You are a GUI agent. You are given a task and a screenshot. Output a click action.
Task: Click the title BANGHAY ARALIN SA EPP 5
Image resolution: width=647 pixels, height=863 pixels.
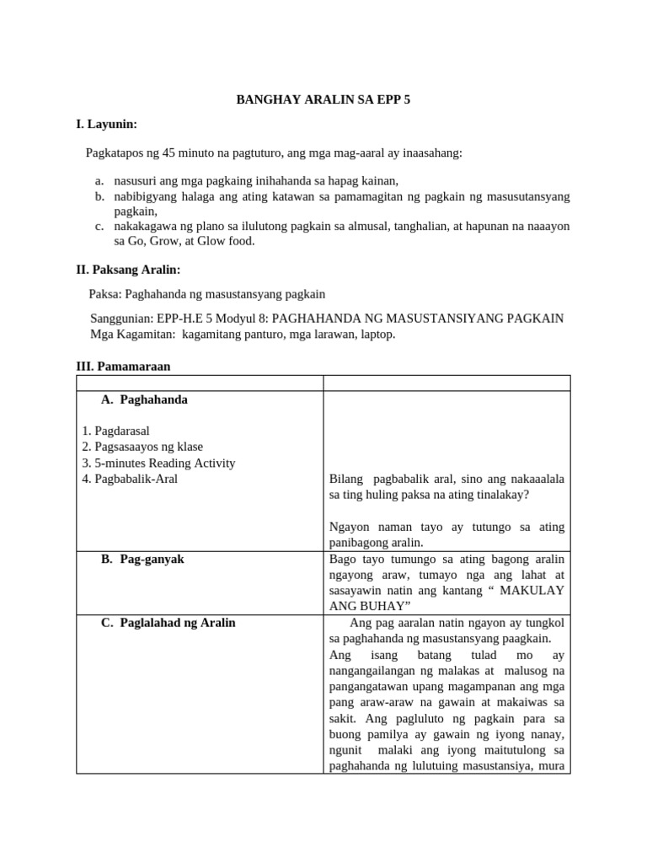323,99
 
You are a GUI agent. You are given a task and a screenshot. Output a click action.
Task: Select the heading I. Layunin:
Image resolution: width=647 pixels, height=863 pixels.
106,125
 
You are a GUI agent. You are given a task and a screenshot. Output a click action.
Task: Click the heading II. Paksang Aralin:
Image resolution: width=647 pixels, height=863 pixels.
128,270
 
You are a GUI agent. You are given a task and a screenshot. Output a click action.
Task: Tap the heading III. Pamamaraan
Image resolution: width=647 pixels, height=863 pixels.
123,367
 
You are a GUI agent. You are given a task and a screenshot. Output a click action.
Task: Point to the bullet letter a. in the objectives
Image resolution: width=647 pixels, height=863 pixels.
99,180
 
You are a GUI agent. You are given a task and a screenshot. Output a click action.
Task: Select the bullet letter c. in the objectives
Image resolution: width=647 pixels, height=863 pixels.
99,226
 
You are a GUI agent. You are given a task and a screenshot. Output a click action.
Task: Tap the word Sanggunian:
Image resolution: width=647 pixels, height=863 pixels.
121,319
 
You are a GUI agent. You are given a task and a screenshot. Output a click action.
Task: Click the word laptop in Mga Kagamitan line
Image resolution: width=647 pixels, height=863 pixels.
375,334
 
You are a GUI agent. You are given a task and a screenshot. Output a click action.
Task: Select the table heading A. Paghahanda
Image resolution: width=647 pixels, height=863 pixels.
144,399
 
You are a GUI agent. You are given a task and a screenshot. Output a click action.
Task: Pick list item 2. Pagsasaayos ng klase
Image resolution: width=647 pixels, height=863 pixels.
142,447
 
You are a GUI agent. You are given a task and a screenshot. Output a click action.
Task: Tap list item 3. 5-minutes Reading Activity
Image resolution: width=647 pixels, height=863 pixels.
158,463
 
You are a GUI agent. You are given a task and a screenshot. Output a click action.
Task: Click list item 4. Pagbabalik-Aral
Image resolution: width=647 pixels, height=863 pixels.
130,479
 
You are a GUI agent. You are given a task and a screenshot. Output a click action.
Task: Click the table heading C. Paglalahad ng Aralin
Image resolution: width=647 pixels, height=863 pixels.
168,623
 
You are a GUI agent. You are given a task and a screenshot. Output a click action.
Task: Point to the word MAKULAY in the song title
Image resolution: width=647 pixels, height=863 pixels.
532,591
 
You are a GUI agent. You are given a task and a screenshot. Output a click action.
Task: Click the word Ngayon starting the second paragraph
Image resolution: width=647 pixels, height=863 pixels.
350,527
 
